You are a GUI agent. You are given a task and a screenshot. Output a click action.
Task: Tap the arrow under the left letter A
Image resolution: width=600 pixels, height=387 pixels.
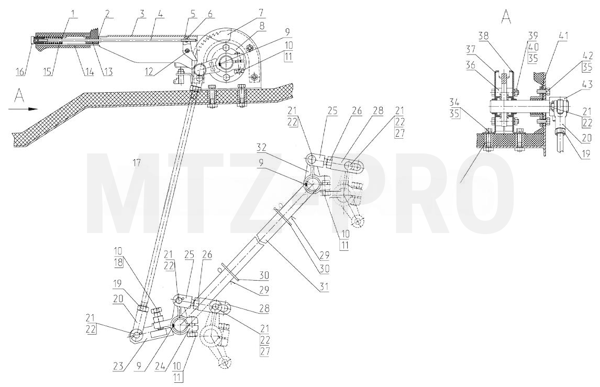coord(24,109)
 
